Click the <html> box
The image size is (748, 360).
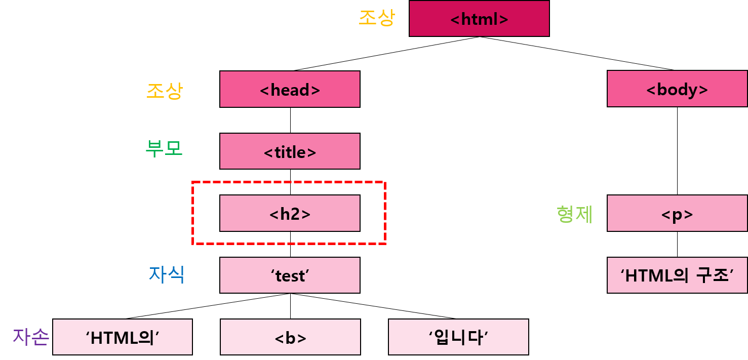coord(479,19)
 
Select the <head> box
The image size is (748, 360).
coord(290,90)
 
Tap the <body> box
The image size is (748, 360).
coord(677,89)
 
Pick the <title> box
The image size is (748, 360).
coord(290,151)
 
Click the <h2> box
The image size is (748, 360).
coord(290,214)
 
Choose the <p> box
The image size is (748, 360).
coord(677,214)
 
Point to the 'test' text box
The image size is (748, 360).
coord(290,275)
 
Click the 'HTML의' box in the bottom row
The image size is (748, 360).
coord(123,337)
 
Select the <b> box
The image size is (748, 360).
coord(290,337)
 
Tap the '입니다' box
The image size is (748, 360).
coord(458,337)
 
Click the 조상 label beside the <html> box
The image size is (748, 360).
coord(376,18)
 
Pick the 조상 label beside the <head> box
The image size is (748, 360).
coord(165,91)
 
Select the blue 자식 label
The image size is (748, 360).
coord(167,274)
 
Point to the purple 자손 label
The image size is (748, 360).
coord(31,337)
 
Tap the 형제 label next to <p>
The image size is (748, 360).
coord(574,214)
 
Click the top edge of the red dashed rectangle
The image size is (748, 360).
coord(289,182)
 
